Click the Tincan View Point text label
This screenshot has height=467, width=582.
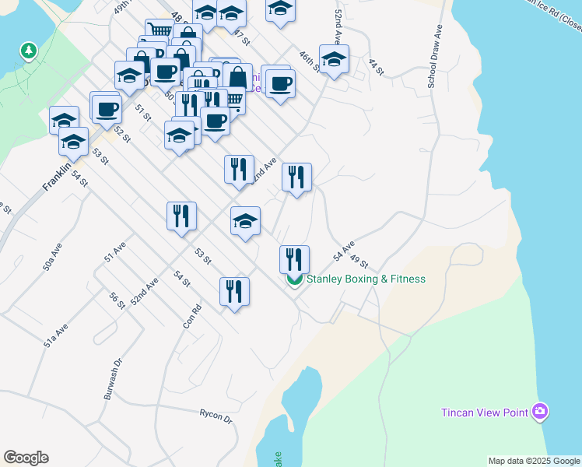485,413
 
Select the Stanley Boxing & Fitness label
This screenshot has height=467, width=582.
366,279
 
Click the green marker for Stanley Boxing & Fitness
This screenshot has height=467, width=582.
295,279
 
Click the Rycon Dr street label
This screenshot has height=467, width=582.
216,416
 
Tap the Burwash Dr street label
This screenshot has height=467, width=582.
114,379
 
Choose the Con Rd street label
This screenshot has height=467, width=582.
193,314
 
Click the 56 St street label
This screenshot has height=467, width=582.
117,300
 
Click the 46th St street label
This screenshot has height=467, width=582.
310,61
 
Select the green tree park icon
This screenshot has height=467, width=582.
29,51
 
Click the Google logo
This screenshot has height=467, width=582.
26,458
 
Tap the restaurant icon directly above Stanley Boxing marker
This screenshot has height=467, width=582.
294,257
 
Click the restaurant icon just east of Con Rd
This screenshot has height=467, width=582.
234,292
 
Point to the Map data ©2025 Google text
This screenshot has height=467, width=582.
533,461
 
